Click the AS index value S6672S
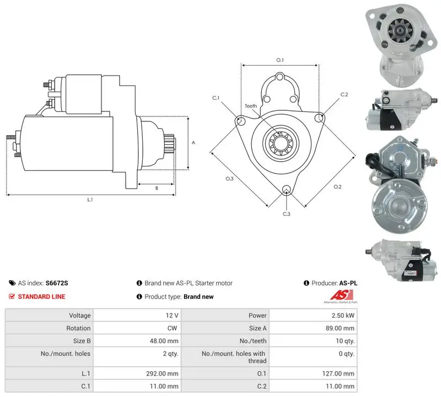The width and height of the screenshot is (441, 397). click(x=57, y=283)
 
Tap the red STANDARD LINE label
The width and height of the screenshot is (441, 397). click(x=41, y=297)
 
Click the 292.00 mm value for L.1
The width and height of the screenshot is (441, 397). click(x=162, y=373)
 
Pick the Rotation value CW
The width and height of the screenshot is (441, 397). click(x=172, y=328)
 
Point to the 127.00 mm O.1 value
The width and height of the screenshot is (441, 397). click(x=338, y=373)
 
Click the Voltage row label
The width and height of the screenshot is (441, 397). click(x=80, y=315)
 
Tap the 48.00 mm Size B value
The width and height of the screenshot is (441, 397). click(x=164, y=341)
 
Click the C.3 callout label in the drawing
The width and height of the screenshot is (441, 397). click(x=286, y=214)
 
